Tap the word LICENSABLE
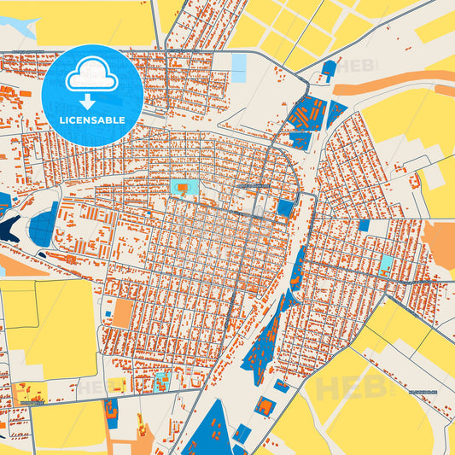91,121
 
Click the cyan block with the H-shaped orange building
387,263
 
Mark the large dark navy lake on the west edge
10,229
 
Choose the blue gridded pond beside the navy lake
43,225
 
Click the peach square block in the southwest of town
123,313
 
